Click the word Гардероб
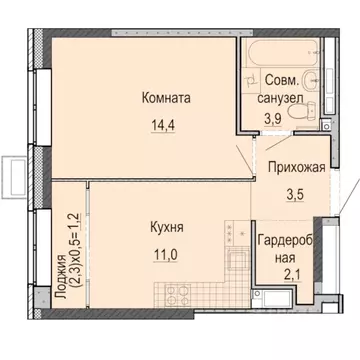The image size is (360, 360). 289,241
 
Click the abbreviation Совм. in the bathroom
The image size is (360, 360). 282,79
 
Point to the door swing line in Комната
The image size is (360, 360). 241,161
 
